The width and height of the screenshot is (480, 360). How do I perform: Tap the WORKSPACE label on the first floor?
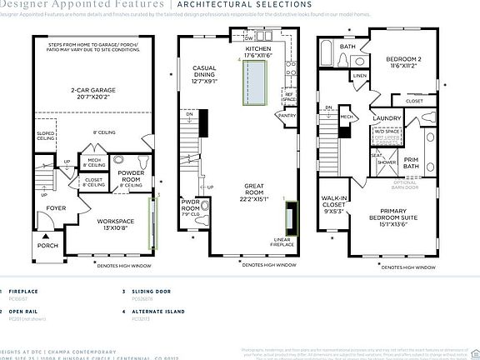click(x=116, y=223)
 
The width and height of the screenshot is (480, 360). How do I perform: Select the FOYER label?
click(x=55, y=209)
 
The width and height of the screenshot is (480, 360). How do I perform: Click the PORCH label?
click(x=48, y=246)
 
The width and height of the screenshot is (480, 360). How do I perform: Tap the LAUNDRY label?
click(x=389, y=119)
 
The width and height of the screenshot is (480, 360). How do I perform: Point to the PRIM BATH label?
click(x=411, y=164)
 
